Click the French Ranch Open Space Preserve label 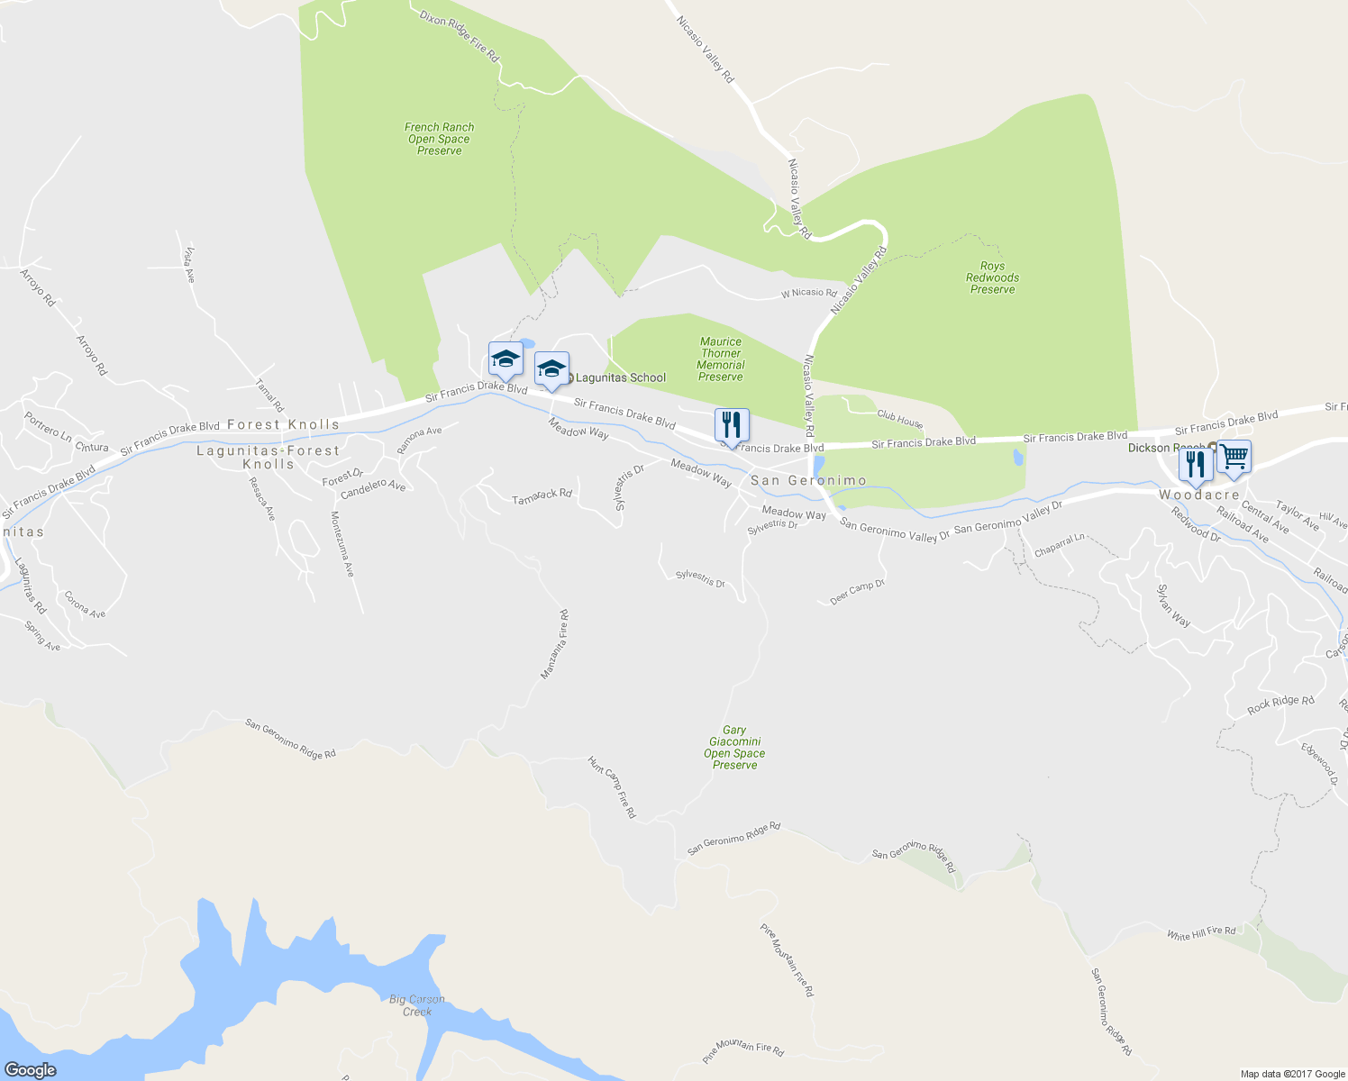[440, 139]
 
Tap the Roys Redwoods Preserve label [992, 277]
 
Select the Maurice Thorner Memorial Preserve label [721, 359]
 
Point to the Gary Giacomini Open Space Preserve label [734, 748]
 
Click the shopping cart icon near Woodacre [1234, 457]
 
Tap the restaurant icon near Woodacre [1195, 465]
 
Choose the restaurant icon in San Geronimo [732, 424]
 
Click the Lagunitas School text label [620, 377]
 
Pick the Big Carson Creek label [417, 1005]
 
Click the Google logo [31, 1070]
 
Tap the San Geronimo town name [808, 481]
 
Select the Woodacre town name [1198, 495]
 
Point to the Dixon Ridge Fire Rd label [460, 36]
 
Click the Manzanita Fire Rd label [554, 644]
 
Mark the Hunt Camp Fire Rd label [612, 787]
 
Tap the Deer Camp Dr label [857, 592]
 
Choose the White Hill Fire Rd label [1201, 933]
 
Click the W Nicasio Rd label [808, 293]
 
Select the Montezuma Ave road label [342, 544]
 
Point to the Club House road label [899, 420]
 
